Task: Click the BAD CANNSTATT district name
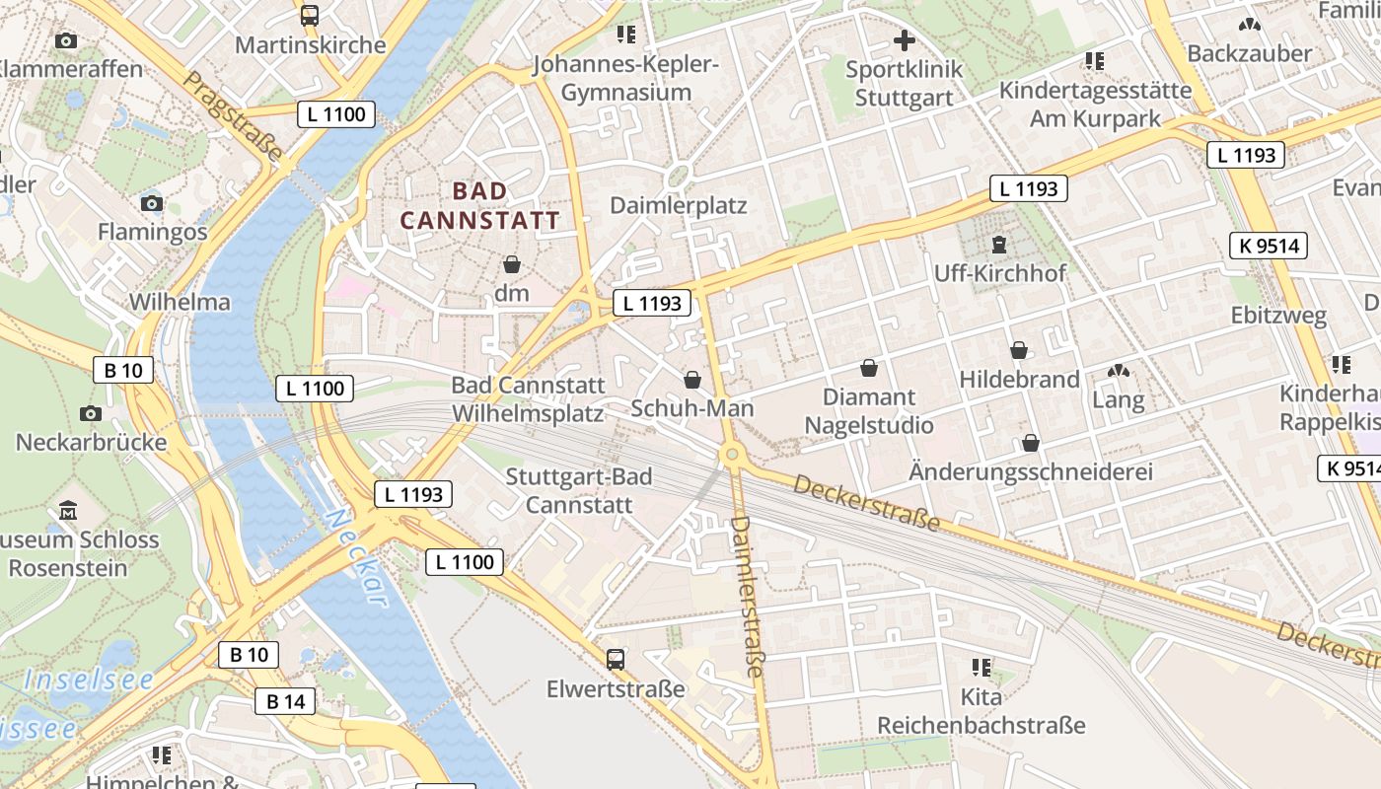(479, 205)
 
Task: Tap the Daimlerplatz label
(679, 205)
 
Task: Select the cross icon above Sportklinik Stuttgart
(904, 41)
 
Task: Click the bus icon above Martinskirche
(310, 16)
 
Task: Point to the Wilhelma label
(180, 302)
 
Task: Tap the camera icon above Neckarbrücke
(91, 413)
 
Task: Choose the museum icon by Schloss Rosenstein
(68, 511)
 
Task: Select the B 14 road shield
(286, 701)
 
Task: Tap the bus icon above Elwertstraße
(616, 659)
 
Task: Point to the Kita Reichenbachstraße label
(981, 712)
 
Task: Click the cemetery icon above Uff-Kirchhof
(999, 244)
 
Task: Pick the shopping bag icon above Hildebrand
(1019, 350)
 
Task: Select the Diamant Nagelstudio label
(869, 411)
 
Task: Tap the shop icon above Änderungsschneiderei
(1031, 443)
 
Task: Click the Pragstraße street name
(234, 115)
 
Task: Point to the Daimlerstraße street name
(747, 596)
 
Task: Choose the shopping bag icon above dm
(512, 264)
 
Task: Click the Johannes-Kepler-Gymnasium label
(625, 79)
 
